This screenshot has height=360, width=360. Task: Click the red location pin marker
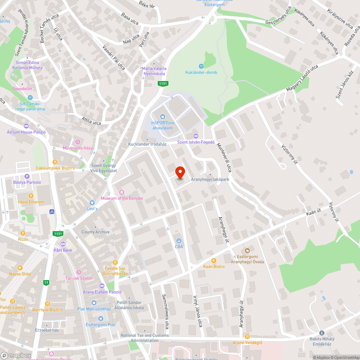[x=180, y=172]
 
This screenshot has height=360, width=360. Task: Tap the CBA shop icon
[x=179, y=240]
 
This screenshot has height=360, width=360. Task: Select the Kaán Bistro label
[x=214, y=266]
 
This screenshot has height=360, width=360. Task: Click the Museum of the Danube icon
[x=122, y=192]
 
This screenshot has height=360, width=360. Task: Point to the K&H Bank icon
[x=63, y=244]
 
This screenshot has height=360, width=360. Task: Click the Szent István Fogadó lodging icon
[x=196, y=136]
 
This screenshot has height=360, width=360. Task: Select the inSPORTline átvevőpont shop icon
[x=162, y=116]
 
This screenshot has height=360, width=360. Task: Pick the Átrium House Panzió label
[x=26, y=132]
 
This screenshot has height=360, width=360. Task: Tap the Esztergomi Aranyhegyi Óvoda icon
[x=247, y=250]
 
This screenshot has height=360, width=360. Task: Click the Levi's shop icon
[x=92, y=203]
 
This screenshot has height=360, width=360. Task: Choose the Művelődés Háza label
[x=78, y=148]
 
